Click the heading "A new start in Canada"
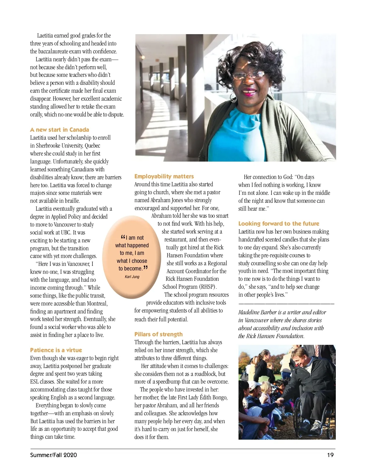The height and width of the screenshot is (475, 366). (59, 130)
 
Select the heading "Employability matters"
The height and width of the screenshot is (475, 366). (164, 176)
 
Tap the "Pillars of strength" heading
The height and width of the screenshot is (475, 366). (158, 334)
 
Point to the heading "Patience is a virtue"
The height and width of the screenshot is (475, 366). (56, 350)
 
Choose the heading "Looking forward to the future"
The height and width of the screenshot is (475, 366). (279, 223)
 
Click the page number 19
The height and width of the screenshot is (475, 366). (330, 455)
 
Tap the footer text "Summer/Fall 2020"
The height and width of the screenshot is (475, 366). (53, 455)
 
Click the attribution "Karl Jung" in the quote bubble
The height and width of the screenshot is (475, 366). (132, 277)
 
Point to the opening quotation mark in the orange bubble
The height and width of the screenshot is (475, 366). (123, 237)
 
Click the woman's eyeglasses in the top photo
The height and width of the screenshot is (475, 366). (248, 75)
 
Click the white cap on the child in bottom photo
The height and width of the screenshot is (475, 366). (254, 385)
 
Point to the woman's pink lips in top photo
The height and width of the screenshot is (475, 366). (249, 91)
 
